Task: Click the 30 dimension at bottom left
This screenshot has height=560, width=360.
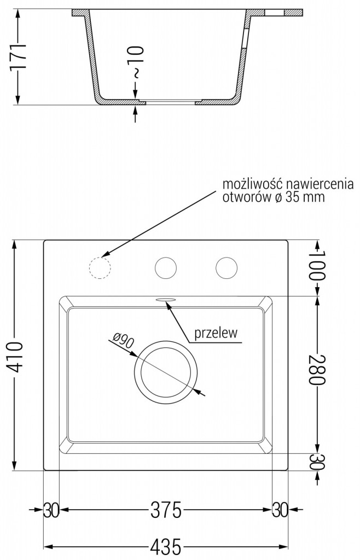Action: [51, 511]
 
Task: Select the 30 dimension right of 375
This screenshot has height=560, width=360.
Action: [280, 511]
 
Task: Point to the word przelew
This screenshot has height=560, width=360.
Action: [216, 334]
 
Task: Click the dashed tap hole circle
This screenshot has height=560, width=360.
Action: [99, 268]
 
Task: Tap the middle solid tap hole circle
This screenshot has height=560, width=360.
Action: [166, 268]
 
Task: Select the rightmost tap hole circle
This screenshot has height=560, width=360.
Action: [227, 268]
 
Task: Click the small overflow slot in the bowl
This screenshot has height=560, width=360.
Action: [166, 300]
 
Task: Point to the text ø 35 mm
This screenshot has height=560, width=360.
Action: [298, 197]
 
